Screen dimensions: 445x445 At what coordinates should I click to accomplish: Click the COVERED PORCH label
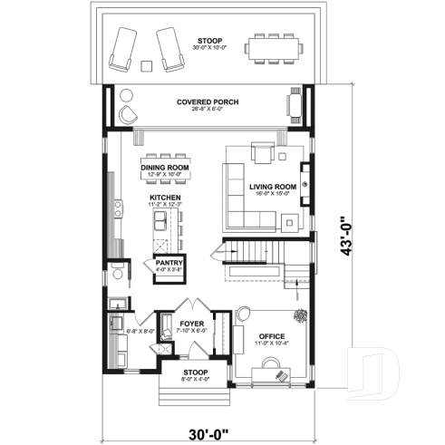pos(208,102)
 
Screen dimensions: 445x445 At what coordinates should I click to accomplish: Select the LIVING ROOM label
pos(272,187)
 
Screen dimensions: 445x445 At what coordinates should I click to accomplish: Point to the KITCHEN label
pos(165,198)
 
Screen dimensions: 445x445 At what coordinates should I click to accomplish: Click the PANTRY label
pos(169,262)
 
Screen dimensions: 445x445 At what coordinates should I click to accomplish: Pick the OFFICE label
pos(272,336)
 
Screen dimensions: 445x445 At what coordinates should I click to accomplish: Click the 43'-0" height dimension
pos(340,237)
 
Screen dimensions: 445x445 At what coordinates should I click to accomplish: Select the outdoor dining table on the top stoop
pos(272,46)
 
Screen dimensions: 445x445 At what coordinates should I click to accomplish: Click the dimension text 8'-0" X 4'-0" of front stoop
pos(196,379)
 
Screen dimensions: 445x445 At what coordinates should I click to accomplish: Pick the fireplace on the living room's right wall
pos(306,186)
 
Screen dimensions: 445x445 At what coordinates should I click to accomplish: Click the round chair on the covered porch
pos(128,113)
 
